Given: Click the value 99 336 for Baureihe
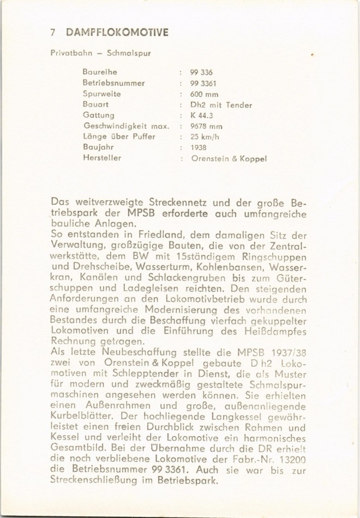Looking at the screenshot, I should click(x=201, y=73).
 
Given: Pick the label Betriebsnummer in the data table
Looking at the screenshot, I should click(x=113, y=83).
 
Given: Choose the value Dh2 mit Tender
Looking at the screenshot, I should click(x=221, y=105).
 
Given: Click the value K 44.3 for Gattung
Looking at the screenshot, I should click(x=201, y=116).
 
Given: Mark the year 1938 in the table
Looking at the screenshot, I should click(x=199, y=148).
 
